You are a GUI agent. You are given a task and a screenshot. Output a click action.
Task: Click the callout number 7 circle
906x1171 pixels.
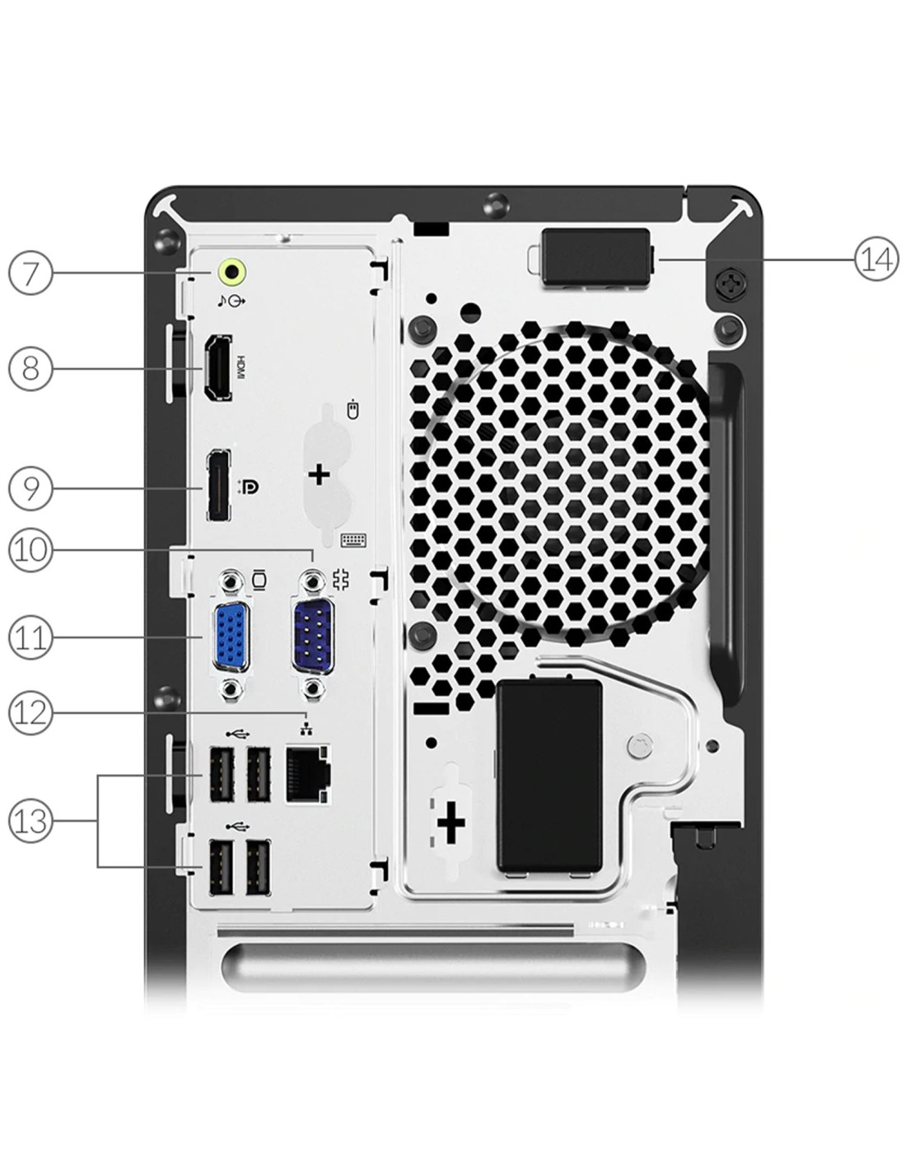click(x=30, y=273)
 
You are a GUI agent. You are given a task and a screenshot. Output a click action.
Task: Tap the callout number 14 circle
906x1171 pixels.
click(x=876, y=259)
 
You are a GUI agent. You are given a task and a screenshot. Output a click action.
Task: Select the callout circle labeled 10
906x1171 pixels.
click(x=30, y=550)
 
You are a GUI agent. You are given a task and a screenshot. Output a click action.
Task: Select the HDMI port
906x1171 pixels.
click(x=218, y=368)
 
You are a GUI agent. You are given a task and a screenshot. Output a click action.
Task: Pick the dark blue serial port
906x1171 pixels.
click(x=312, y=637)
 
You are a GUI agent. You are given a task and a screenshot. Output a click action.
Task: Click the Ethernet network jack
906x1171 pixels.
click(x=308, y=774)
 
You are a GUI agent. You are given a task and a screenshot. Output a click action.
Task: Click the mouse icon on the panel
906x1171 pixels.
click(x=353, y=409)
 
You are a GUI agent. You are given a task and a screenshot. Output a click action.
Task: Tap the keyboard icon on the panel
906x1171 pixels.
click(x=353, y=539)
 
